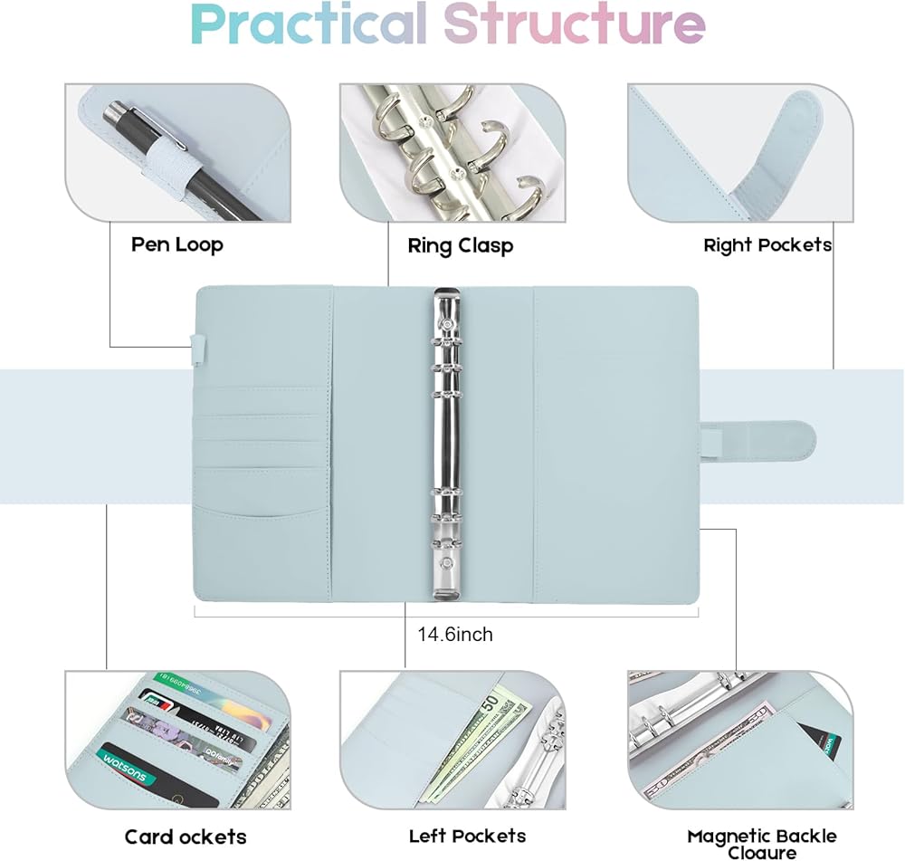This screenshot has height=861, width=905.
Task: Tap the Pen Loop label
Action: pos(176,244)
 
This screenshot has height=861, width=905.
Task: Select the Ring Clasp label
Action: pos(460,246)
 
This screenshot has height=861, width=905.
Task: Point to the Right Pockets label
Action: pos(767,245)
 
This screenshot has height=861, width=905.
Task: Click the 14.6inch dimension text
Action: pos(455,635)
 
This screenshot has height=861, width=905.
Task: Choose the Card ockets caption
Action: pos(185,837)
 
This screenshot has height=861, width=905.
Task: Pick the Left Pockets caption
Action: pos(467,836)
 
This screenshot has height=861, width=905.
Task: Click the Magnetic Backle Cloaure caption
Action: pos(761,843)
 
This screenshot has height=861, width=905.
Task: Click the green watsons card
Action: pos(154,774)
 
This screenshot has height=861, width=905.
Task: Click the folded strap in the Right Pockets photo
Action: pos(778,154)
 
